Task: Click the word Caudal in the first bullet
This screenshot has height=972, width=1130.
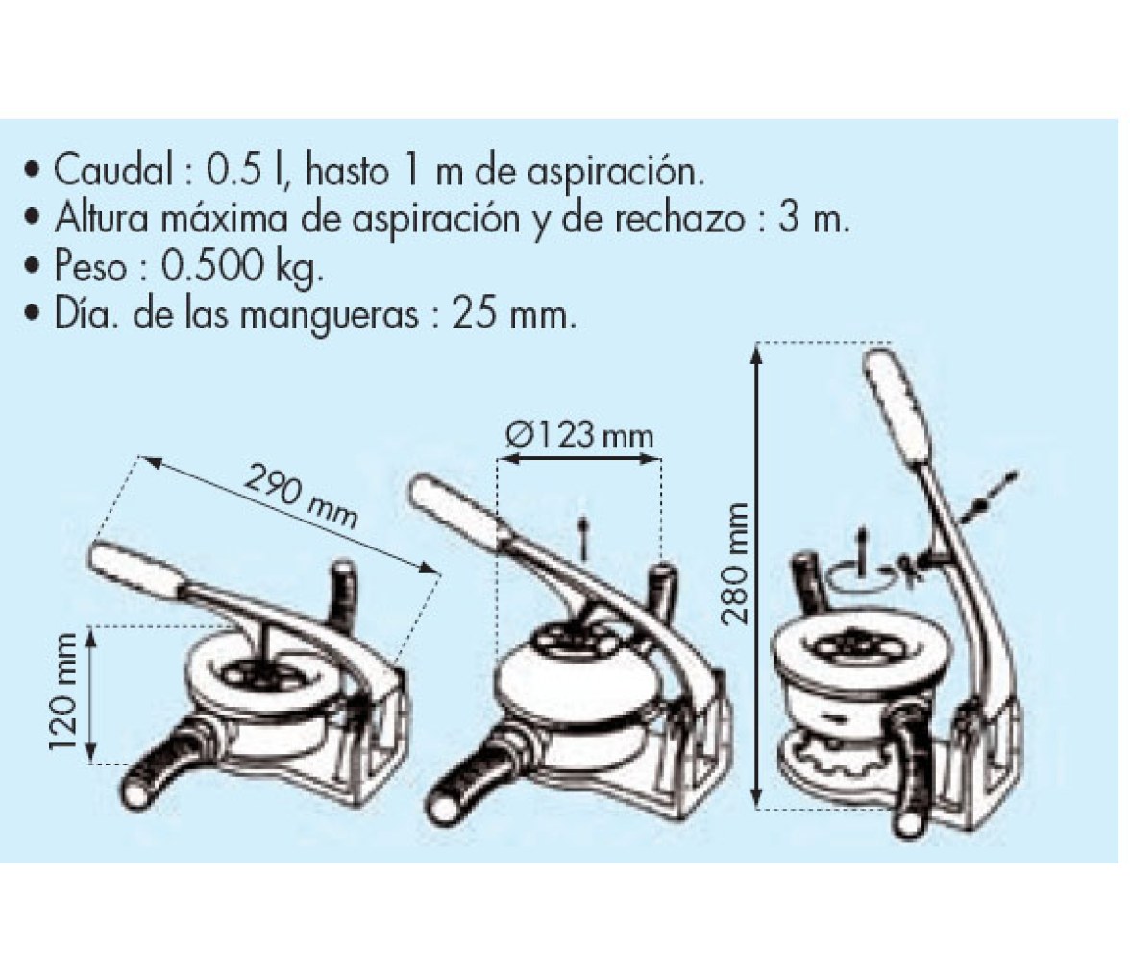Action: point(112,171)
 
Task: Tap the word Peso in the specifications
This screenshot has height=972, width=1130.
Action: point(90,267)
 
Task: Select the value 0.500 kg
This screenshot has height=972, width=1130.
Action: point(242,269)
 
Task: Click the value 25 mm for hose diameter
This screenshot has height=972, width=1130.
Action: point(515,315)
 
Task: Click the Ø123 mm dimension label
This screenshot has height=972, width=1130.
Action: point(579,435)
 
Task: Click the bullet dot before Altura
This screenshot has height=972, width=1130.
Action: point(31,220)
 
